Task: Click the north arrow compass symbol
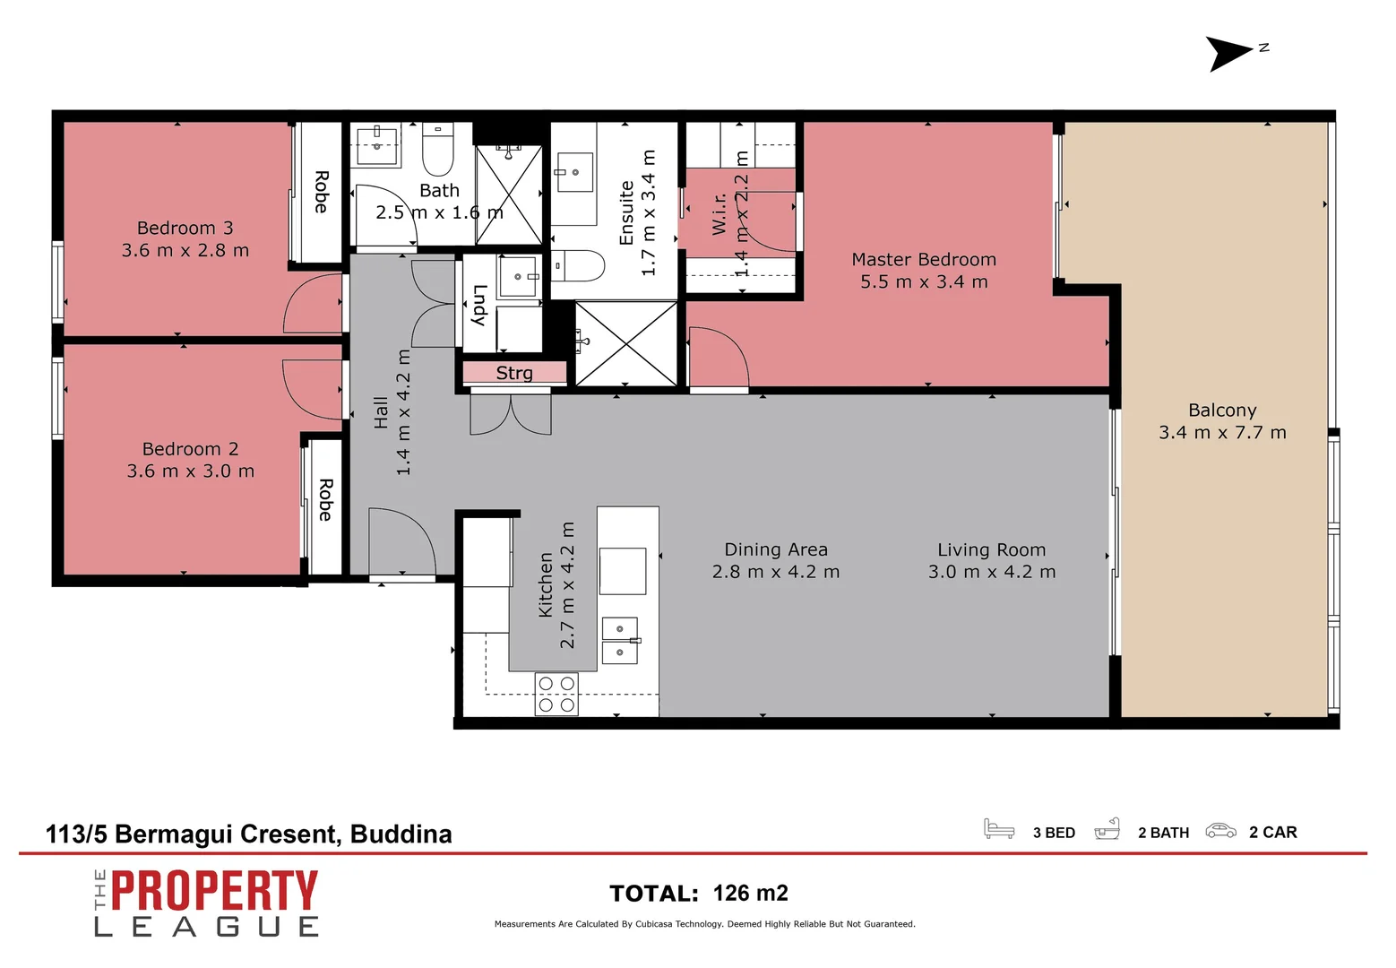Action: (x=1228, y=53)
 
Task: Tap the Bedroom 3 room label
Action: (x=185, y=229)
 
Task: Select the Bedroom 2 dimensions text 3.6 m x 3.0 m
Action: (x=190, y=471)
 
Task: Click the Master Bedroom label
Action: (x=923, y=260)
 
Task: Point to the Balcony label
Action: (x=1222, y=411)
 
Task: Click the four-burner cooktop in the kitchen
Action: (x=556, y=694)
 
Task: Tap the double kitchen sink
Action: (x=620, y=641)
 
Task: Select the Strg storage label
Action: (x=514, y=373)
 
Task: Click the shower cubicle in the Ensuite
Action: (x=626, y=344)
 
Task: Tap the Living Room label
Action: (x=991, y=550)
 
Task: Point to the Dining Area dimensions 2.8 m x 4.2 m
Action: (x=776, y=572)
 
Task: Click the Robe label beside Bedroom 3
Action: (x=321, y=192)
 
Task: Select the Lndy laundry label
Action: (x=478, y=305)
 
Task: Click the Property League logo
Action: (x=206, y=903)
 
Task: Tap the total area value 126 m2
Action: (x=750, y=894)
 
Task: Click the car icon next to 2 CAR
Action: (x=1220, y=831)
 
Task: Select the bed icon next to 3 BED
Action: (x=998, y=829)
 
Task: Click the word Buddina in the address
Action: (x=401, y=834)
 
